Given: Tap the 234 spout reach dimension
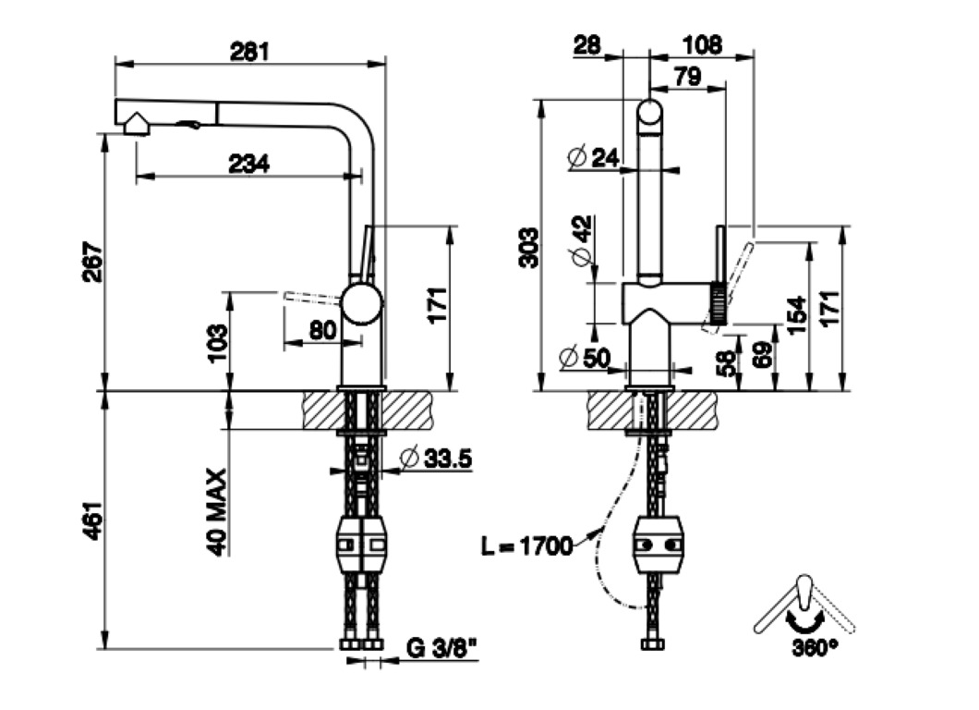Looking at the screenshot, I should pyautogui.click(x=249, y=164).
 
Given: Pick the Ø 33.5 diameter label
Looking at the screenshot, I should pyautogui.click(x=437, y=458).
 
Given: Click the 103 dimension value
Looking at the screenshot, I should pyautogui.click(x=216, y=342).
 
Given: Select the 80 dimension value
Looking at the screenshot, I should pyautogui.click(x=321, y=329).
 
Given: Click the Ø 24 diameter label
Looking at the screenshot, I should pyautogui.click(x=593, y=158).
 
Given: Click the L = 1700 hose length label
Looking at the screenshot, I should pyautogui.click(x=527, y=545).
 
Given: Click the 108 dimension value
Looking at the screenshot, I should pyautogui.click(x=701, y=44).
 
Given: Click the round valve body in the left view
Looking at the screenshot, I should pyautogui.click(x=361, y=304).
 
